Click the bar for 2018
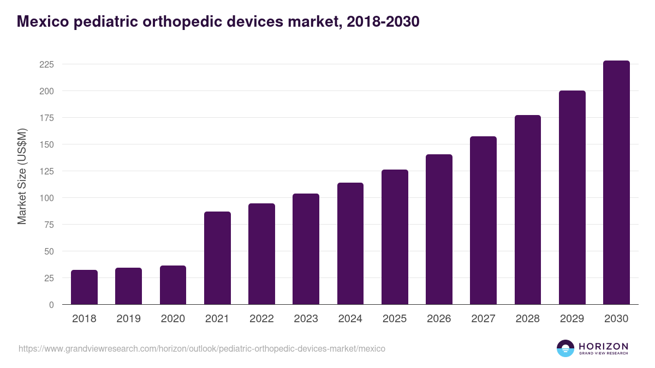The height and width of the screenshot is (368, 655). tap(84, 287)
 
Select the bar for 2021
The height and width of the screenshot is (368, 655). tap(217, 258)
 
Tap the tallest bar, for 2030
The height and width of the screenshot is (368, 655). tap(616, 183)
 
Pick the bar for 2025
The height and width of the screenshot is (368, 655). tap(395, 237)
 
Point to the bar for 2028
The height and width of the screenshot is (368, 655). tap(528, 210)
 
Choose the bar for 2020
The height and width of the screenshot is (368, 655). tap(173, 285)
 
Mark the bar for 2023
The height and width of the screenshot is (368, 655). tap(306, 249)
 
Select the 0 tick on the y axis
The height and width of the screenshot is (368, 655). tap(51, 305)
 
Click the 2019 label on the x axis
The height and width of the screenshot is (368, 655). tap(128, 319)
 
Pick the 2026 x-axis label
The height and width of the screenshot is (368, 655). tap(439, 319)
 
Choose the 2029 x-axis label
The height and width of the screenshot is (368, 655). tap(572, 319)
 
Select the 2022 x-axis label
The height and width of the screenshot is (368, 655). tap(261, 319)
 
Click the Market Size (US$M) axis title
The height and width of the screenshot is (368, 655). tap(22, 176)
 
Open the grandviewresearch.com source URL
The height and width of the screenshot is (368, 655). tap(202, 348)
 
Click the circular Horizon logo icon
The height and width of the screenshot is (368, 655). tap(565, 348)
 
